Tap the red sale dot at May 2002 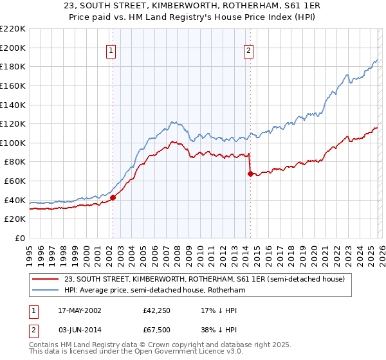113,198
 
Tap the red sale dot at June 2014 250,174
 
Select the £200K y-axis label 14,48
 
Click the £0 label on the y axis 20,238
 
